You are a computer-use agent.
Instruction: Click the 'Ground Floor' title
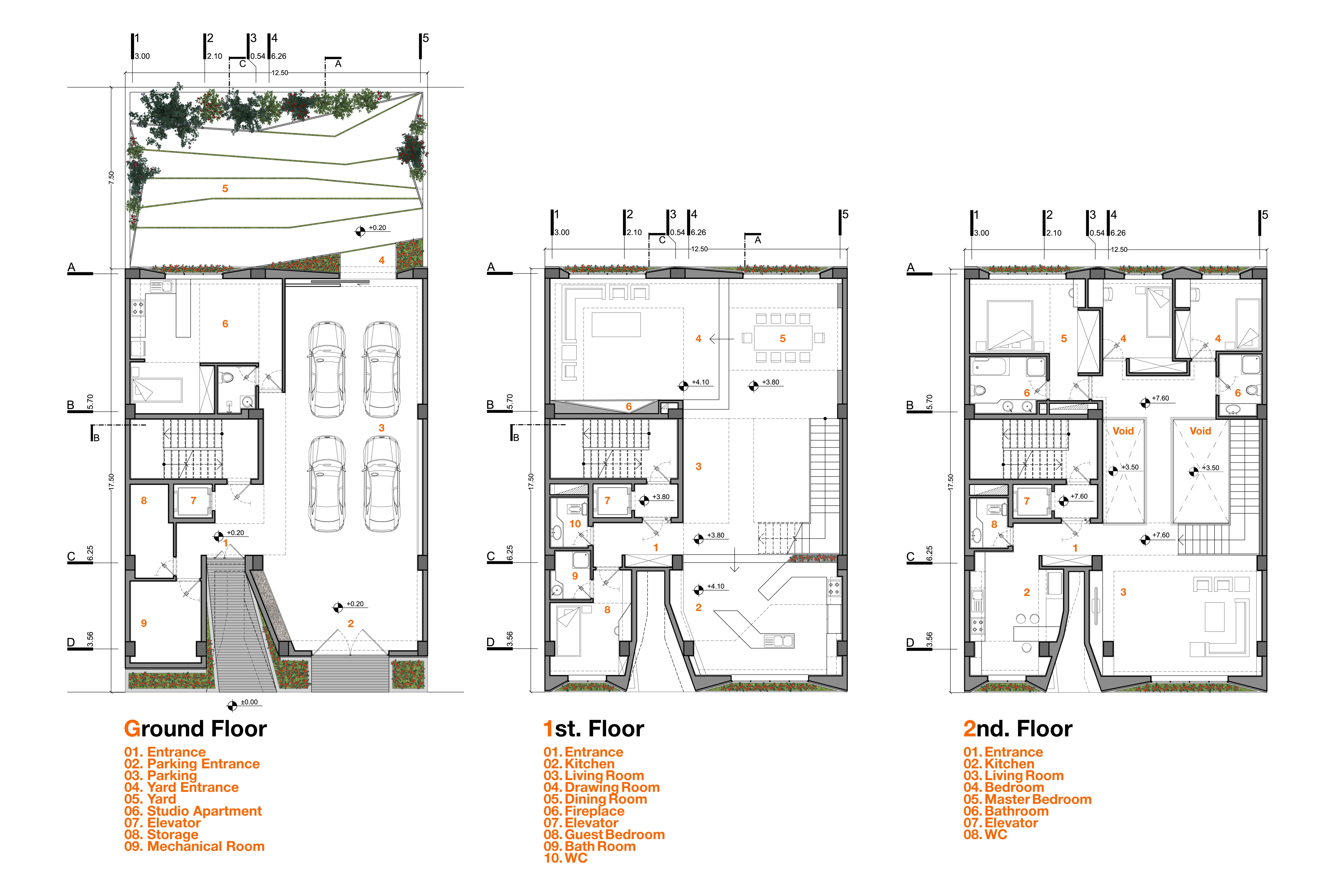[195, 729]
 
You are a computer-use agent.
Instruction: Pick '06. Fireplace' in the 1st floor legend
[584, 811]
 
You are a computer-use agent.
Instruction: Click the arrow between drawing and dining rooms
[721, 339]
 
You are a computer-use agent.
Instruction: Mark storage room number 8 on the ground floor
[144, 501]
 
